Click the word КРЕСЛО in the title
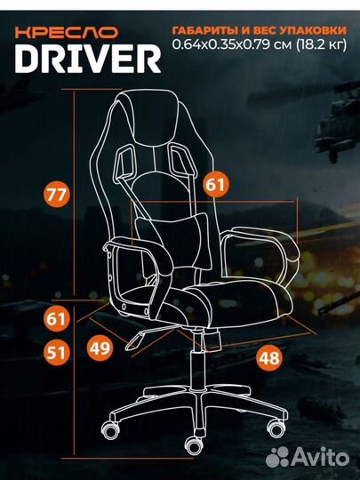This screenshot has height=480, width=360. click(x=67, y=33)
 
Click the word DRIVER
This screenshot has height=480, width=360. click(x=88, y=59)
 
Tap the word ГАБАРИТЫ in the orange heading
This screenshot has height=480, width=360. click(x=205, y=30)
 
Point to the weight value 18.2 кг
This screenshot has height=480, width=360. click(x=321, y=44)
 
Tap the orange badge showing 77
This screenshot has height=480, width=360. click(x=57, y=195)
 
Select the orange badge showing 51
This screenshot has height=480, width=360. click(x=57, y=352)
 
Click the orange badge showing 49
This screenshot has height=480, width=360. click(x=100, y=348)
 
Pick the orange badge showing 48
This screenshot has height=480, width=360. click(x=269, y=358)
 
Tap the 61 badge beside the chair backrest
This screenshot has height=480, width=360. click(x=217, y=184)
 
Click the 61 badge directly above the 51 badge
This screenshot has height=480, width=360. click(x=57, y=318)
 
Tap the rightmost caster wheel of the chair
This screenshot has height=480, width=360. click(x=276, y=428)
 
